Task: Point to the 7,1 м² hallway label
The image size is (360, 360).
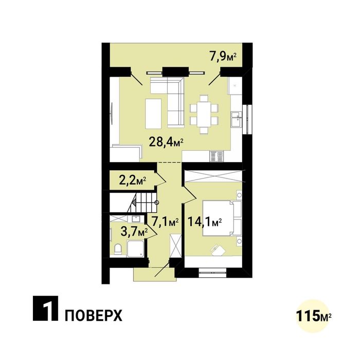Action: (x=165, y=222)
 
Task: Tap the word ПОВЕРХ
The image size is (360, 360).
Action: (x=93, y=315)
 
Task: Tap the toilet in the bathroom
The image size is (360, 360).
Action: (x=118, y=249)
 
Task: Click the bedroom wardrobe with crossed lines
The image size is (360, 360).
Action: (x=213, y=175)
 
